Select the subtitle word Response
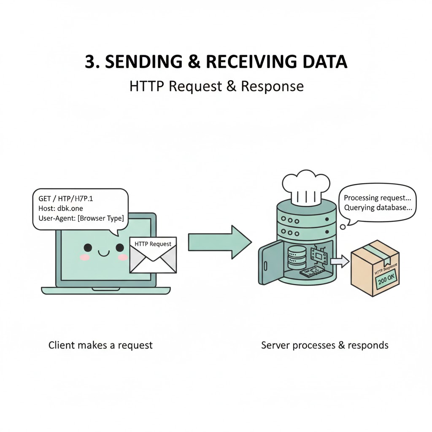[x=272, y=86]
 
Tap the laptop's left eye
[x=88, y=248]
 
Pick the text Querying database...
[x=378, y=208]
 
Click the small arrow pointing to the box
[x=340, y=262]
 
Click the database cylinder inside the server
[x=295, y=258]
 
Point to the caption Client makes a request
[x=100, y=345]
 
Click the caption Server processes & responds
[x=324, y=345]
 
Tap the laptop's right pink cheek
[x=123, y=257]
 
